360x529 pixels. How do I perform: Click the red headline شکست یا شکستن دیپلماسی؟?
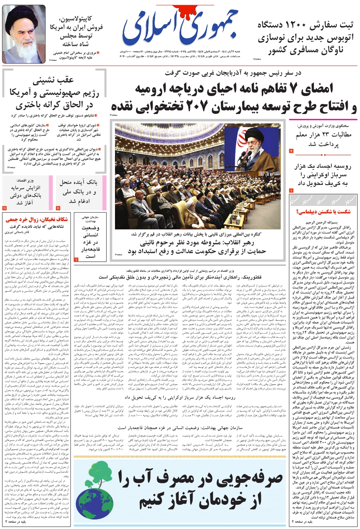pos(323,211)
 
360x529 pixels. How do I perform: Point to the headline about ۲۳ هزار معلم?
pos(323,139)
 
